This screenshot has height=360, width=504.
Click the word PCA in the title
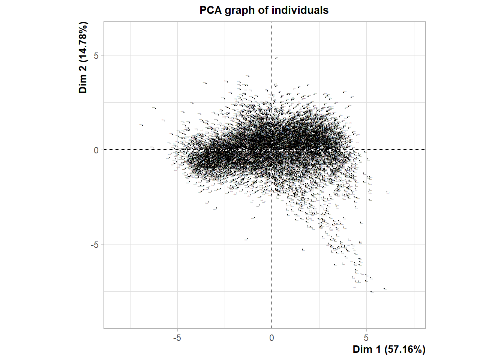tap(210, 10)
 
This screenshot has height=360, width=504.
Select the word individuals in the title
tap(300, 10)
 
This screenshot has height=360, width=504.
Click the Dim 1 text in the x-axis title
tap(367, 349)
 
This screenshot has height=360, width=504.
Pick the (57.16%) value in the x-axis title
tap(405, 349)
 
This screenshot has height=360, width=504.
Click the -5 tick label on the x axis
tap(177, 338)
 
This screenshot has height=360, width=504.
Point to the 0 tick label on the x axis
tap(271, 338)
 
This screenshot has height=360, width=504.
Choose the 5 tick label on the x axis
tap(366, 338)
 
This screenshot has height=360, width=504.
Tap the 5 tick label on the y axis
tap(96, 55)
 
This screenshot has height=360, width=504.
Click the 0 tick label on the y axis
tap(96, 150)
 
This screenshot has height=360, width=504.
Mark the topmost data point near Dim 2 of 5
tap(276, 58)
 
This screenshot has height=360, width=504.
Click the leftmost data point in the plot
tap(142, 125)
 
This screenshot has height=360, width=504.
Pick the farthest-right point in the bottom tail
tap(384, 289)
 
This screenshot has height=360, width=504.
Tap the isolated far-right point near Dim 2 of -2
tap(387, 192)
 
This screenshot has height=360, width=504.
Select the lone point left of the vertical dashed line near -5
tap(247, 239)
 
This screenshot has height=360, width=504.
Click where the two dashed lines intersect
tap(272, 150)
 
